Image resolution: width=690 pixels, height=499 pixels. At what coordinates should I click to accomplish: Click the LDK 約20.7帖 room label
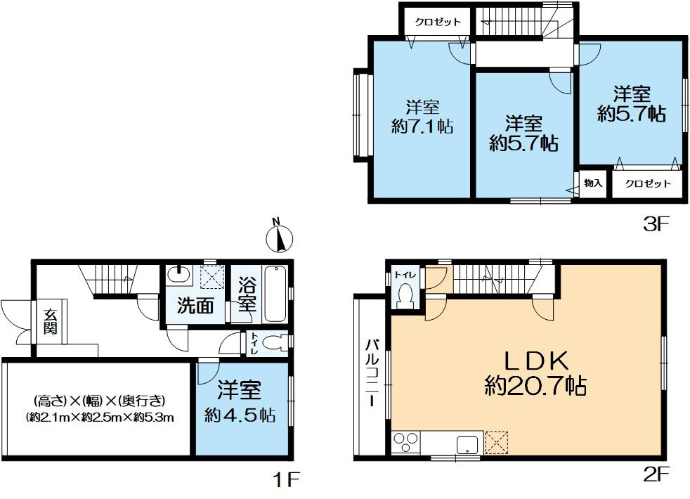[x=535, y=373]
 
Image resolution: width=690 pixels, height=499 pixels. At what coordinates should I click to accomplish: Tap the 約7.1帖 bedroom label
[x=422, y=117]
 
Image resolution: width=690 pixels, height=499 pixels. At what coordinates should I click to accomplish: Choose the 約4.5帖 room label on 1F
[x=240, y=402]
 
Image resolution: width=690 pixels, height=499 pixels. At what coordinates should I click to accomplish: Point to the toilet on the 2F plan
[x=405, y=296]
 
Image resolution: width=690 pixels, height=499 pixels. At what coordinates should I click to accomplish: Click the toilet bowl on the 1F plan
[x=280, y=343]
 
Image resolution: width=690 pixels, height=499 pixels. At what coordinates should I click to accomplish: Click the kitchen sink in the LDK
[x=467, y=444]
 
